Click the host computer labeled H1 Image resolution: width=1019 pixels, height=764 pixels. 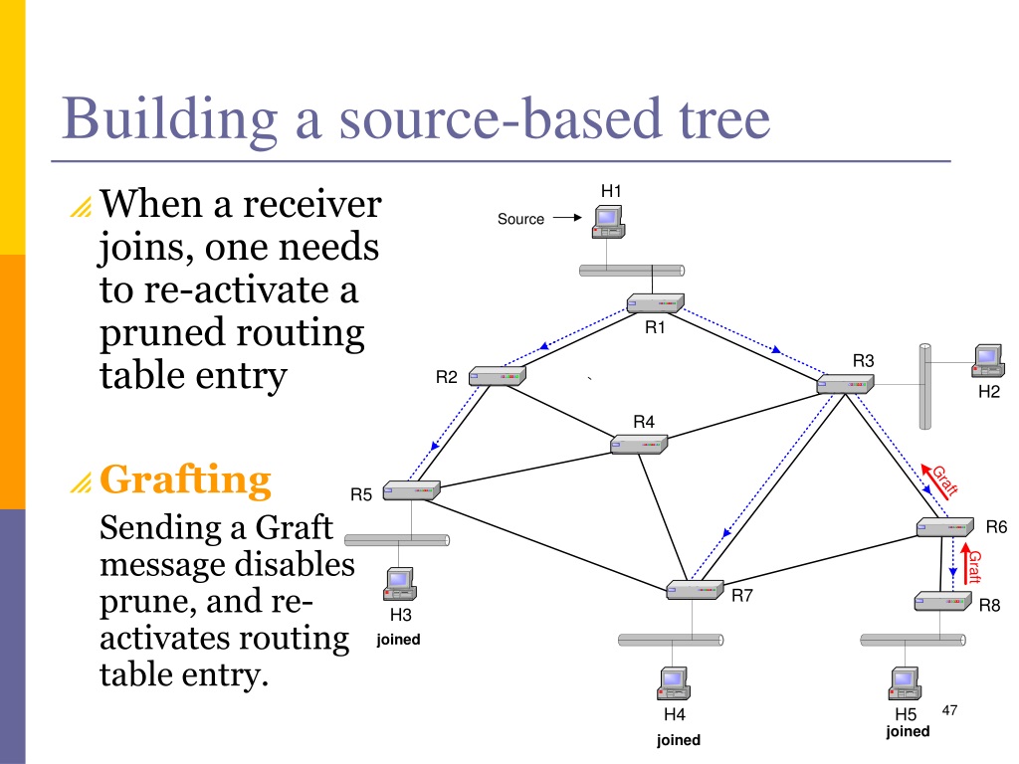click(608, 222)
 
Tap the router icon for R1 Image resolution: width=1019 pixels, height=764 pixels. click(655, 303)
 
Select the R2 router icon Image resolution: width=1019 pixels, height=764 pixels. click(498, 376)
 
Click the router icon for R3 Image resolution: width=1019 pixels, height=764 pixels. click(845, 384)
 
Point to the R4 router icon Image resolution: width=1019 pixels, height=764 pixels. click(640, 444)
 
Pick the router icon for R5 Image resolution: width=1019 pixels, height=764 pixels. click(411, 490)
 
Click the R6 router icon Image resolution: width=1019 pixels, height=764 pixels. click(945, 527)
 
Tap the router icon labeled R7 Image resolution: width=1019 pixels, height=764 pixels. click(695, 589)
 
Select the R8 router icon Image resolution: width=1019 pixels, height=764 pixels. click(943, 602)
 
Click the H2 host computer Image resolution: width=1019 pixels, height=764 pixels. click(988, 361)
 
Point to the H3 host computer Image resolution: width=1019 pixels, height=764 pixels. click(400, 584)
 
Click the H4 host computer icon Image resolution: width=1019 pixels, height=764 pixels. click(674, 683)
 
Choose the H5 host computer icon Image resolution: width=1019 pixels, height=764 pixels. click(906, 683)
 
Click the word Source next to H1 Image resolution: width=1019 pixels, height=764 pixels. click(520, 219)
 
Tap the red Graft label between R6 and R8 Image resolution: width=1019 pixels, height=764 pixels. click(973, 566)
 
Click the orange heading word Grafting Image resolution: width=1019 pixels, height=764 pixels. click(185, 479)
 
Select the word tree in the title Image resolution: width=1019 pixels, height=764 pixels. click(724, 118)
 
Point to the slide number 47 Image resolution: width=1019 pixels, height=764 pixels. click(949, 710)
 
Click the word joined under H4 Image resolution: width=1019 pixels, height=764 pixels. click(679, 740)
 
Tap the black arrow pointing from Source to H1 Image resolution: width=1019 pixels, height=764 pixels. click(567, 218)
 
